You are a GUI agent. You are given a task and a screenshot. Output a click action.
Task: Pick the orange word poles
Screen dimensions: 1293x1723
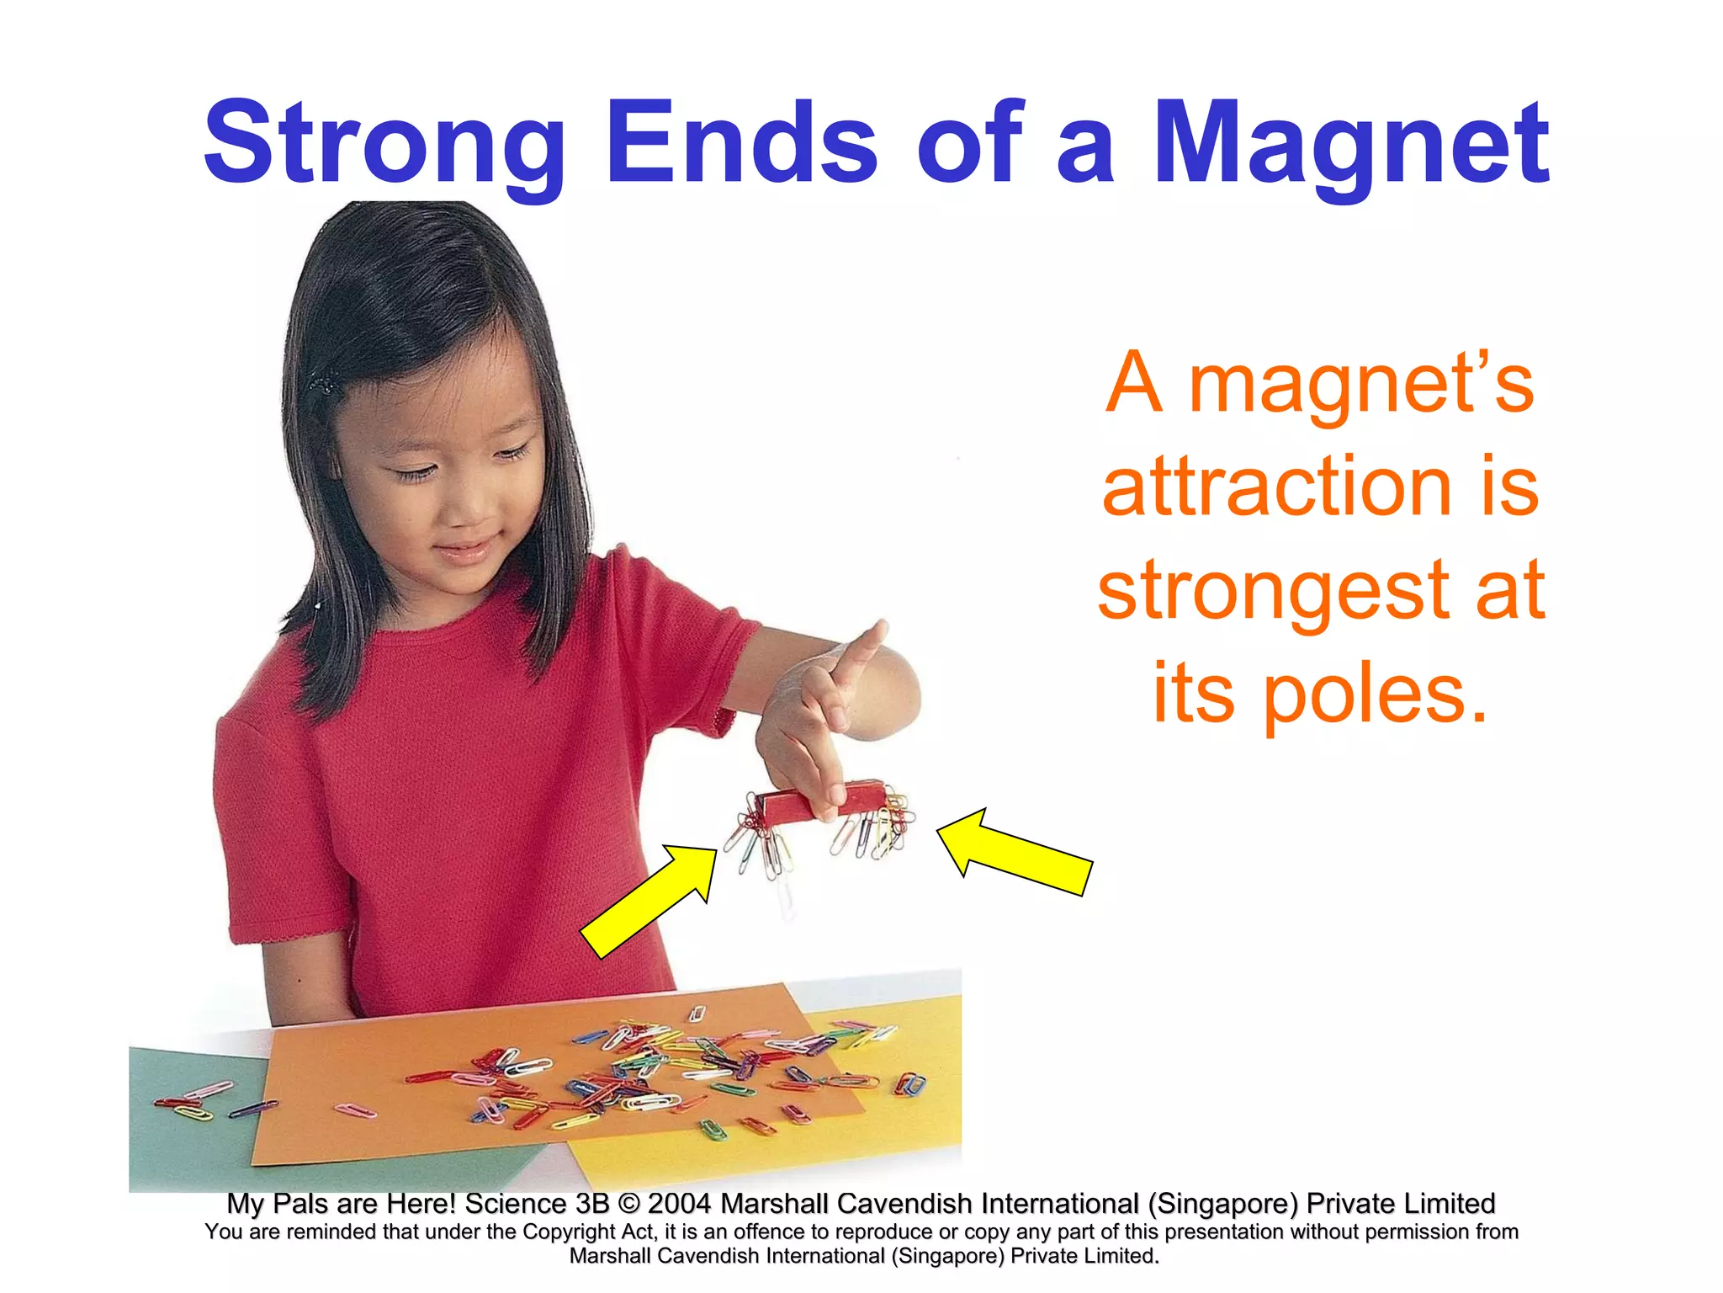pyautogui.click(x=1375, y=695)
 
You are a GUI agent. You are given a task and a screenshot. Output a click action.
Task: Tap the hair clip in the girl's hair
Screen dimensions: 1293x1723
pyautogui.click(x=323, y=386)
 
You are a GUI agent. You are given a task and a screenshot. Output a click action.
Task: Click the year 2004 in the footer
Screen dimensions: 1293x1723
pyautogui.click(x=680, y=1204)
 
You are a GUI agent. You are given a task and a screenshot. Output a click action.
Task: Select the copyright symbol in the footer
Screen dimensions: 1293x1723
pyautogui.click(x=628, y=1204)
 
